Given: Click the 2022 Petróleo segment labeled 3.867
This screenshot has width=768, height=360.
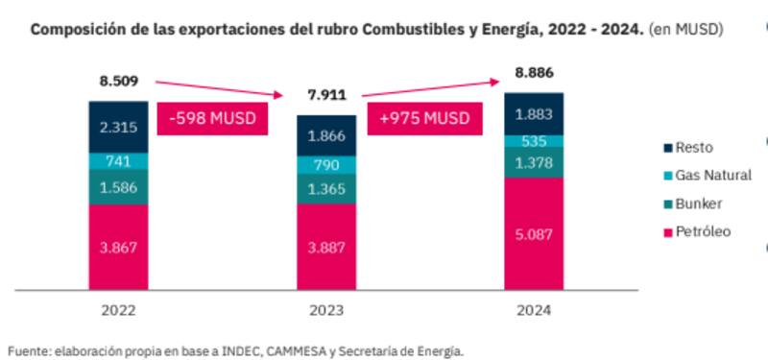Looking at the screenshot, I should pos(118,246).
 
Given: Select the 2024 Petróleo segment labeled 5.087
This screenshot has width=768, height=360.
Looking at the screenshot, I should pos(534,231).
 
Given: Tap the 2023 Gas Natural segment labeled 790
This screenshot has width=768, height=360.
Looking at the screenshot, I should pos(325,165).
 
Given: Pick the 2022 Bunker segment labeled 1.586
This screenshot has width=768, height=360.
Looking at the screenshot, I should pos(118,188).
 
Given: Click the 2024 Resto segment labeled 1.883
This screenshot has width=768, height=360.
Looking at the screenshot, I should pos(534,114).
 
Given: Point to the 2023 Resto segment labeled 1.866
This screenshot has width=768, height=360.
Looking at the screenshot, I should pos(325,136).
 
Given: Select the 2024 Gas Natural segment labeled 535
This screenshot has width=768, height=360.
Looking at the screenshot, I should pos(534,142).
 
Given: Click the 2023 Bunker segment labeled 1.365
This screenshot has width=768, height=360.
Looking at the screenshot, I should pos(325,190).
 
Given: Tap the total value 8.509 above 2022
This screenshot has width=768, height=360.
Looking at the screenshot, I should pos(118,82).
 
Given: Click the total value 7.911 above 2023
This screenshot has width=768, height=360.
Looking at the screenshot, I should pos(325,96).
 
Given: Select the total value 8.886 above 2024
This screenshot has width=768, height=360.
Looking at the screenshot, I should pos(534,72).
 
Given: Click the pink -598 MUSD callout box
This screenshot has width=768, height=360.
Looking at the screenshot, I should pos(214,119).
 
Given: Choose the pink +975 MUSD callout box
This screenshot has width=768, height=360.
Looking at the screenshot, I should pos(424,119).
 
